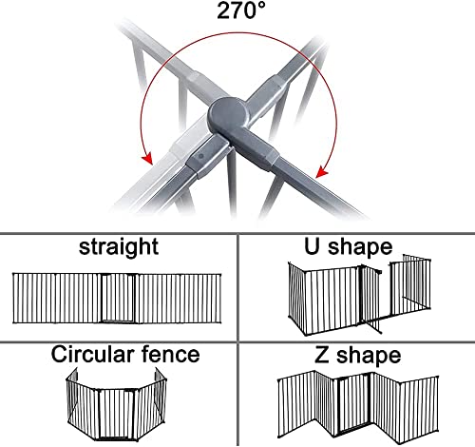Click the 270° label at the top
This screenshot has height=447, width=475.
pos(240,10)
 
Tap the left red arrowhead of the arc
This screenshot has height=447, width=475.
pos(147,158)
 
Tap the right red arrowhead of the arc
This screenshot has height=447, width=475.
pos(322,171)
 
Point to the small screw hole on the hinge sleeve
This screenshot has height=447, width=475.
pos(200,156)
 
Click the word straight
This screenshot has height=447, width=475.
pos(119,247)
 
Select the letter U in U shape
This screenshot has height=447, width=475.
pos(312,246)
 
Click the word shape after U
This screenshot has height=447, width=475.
pos(360,247)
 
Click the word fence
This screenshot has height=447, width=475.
pos(171,354)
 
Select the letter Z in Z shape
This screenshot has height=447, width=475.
pos(322,355)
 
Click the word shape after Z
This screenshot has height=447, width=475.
pos(369,357)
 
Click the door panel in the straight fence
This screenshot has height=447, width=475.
pos(118,298)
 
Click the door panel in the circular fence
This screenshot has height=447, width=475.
pos(117,414)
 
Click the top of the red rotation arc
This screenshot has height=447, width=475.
pos(240,32)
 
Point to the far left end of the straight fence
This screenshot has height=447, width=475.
pos(13,298)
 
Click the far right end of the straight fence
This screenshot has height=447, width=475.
pos(220,299)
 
